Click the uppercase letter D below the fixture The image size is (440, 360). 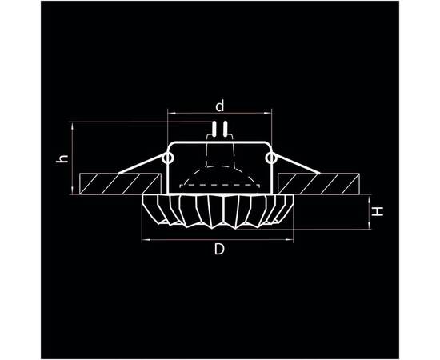coord(218,250)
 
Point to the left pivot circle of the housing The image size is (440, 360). coord(168,159)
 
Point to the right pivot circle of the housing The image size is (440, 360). coord(271,159)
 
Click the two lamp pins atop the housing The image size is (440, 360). coord(219,128)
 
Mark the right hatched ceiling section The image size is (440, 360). coord(333,183)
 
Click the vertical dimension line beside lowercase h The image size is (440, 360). coord(71,158)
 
